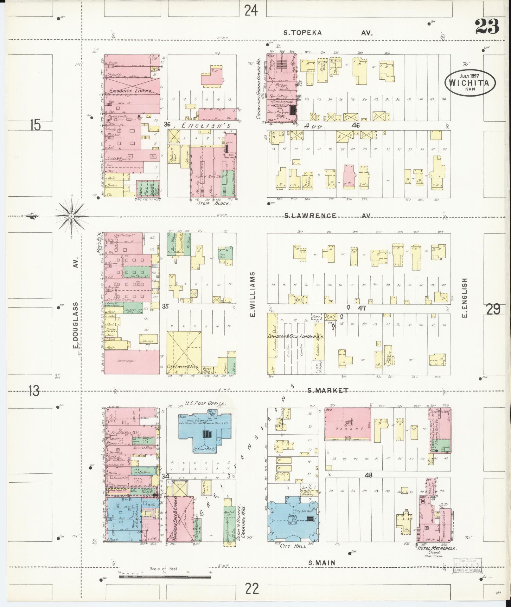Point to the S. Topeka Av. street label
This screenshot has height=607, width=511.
pyautogui.click(x=328, y=33)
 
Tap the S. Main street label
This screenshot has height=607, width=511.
pyautogui.click(x=322, y=563)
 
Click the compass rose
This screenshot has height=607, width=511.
pyautogui.click(x=72, y=216)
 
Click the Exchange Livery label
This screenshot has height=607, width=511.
pyautogui.click(x=131, y=91)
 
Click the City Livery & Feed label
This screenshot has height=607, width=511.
pyautogui.click(x=183, y=366)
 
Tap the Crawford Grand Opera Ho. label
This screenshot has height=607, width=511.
pyautogui.click(x=259, y=89)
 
